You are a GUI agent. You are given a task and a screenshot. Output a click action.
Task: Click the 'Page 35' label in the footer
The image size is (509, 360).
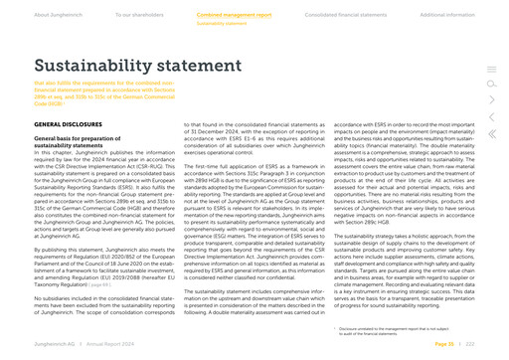coord(442,341)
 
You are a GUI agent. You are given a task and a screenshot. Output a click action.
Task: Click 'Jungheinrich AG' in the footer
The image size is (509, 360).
coord(54,341)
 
